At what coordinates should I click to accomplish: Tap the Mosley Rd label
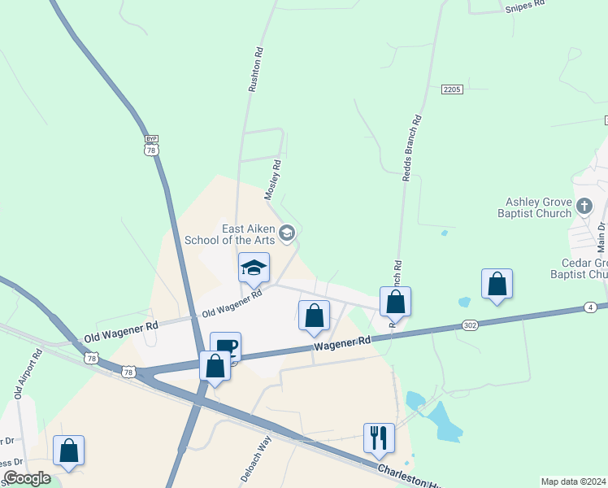[x=273, y=180]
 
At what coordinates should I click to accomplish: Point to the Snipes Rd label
[x=524, y=7]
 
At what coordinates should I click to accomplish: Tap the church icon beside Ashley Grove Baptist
[x=584, y=206]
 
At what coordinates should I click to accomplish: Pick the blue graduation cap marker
[x=254, y=268]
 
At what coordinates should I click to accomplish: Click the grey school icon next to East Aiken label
[x=286, y=234]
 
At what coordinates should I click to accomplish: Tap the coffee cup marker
[x=225, y=347]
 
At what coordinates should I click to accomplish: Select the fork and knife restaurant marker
[x=379, y=438]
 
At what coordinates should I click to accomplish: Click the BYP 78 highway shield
[x=150, y=146]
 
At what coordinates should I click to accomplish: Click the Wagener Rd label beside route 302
[x=342, y=344]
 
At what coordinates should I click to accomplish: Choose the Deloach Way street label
[x=256, y=459]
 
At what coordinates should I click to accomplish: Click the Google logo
[x=27, y=478]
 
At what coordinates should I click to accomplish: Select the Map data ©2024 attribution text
[x=573, y=481]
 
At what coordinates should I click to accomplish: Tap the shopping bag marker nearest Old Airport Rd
[x=69, y=451]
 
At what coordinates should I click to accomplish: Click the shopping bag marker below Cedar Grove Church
[x=497, y=284]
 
